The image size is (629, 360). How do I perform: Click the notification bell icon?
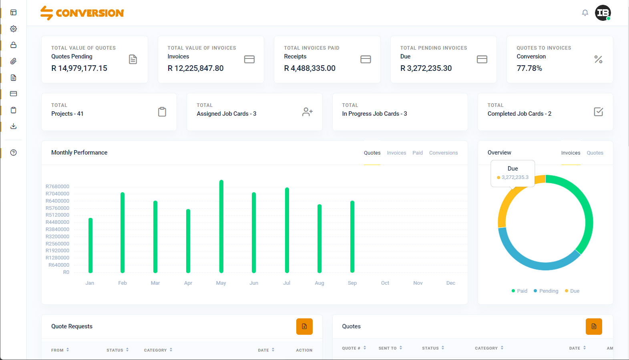pos(585,13)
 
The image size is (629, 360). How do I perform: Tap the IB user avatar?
pos(603,13)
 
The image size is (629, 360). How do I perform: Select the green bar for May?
pos(221,226)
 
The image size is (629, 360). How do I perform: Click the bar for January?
pos(90,245)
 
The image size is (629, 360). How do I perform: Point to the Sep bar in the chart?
pos(352,237)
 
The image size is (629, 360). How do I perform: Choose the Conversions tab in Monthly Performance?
pos(443,153)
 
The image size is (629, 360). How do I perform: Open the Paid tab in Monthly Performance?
pos(418,153)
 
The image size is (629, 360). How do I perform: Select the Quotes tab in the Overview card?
pos(595,153)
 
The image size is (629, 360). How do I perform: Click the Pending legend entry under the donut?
pos(546,291)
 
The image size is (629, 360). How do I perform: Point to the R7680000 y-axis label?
pos(57,187)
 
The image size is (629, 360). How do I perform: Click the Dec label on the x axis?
pos(451,283)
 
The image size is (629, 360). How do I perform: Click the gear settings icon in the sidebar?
pos(14,29)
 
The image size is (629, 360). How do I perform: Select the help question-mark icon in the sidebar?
pos(14,153)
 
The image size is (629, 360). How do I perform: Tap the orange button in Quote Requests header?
pos(304,326)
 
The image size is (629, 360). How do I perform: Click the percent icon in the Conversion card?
pos(599,59)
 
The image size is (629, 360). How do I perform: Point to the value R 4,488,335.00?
pos(310,68)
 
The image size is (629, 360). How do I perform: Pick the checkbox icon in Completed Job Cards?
pos(599,112)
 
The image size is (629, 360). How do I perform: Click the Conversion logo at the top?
pos(82,13)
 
